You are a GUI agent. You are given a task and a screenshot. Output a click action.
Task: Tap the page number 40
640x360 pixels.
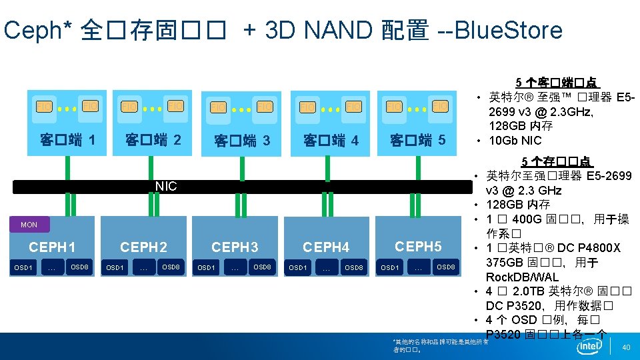[625, 347]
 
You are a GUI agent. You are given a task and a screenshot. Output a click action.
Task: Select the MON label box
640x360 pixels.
[29, 225]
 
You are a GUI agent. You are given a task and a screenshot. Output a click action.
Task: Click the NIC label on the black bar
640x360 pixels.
[166, 187]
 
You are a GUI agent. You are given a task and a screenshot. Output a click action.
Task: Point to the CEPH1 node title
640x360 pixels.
[52, 247]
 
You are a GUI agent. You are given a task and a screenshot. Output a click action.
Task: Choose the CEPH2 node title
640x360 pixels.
[143, 247]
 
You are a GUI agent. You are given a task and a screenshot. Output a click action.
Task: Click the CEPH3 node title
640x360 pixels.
[235, 247]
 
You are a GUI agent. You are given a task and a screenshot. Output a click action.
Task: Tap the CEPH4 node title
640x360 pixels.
[326, 247]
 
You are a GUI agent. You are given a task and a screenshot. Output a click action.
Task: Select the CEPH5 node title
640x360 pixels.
[418, 246]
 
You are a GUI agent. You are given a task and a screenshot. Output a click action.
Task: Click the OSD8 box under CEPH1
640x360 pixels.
[79, 268]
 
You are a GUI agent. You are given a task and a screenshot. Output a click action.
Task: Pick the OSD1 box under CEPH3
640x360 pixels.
[207, 268]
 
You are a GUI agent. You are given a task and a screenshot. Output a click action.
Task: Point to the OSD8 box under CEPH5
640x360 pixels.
[446, 268]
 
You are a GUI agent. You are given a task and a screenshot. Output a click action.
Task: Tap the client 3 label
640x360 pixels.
[241, 141]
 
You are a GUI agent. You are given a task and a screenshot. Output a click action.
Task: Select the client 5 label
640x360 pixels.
[417, 141]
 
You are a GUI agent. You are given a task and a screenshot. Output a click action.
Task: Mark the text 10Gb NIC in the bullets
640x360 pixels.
[515, 141]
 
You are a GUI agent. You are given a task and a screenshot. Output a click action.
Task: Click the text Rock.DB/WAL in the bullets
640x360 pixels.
[522, 277]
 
